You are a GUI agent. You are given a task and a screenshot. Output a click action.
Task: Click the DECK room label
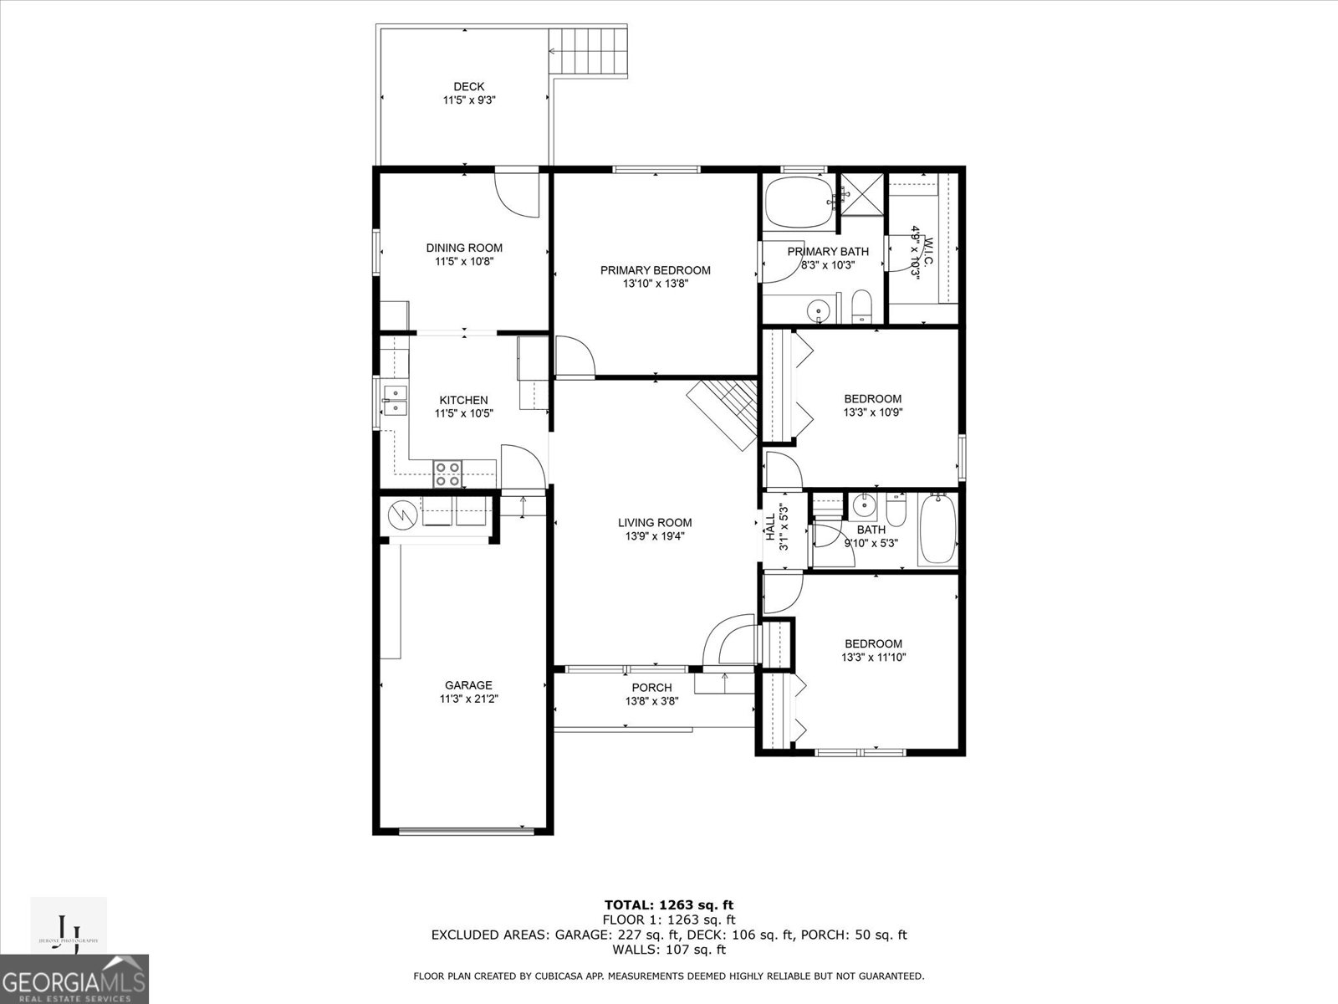pyautogui.click(x=468, y=87)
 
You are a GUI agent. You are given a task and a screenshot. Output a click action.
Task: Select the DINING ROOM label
pyautogui.click(x=464, y=248)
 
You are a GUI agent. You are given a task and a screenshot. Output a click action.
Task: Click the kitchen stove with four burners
pyautogui.click(x=447, y=474)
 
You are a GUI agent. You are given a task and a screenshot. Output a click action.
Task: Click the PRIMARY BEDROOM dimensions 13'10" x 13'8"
pyautogui.click(x=655, y=284)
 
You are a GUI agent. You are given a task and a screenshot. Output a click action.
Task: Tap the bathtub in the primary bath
pyautogui.click(x=799, y=202)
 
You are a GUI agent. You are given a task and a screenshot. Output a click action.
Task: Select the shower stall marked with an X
pyautogui.click(x=861, y=195)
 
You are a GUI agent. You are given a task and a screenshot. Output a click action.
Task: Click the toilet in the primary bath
pyautogui.click(x=861, y=307)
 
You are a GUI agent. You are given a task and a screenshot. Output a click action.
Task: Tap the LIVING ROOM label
pyautogui.click(x=655, y=523)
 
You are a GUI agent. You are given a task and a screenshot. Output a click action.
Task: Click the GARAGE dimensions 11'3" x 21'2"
pyautogui.click(x=468, y=699)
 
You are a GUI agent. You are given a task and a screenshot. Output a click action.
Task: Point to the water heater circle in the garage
pyautogui.click(x=402, y=513)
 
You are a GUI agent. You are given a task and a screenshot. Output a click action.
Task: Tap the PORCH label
pyautogui.click(x=651, y=688)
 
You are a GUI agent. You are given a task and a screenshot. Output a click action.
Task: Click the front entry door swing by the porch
pyautogui.click(x=726, y=640)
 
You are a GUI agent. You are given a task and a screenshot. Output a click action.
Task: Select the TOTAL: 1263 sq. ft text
pyautogui.click(x=669, y=904)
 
